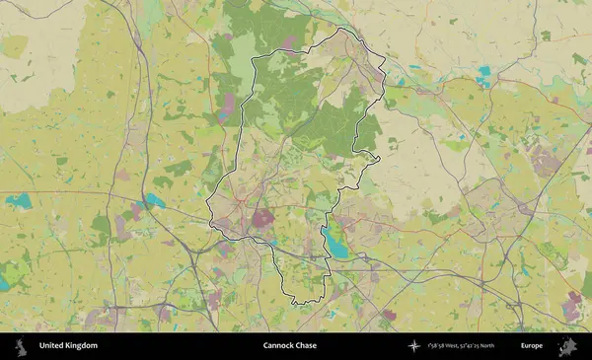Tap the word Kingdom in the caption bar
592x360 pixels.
tap(83, 346)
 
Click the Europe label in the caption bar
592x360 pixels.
tap(532, 346)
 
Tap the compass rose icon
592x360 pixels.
tap(414, 346)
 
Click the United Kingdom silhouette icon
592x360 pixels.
tap(19, 346)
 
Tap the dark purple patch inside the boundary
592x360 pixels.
tap(263, 218)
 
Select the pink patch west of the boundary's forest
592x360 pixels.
tap(228, 104)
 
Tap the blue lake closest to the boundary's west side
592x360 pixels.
tap(154, 200)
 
